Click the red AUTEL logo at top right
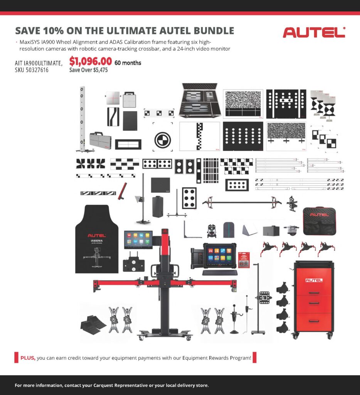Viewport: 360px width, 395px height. click(x=314, y=32)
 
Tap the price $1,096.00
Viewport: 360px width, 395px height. click(x=91, y=61)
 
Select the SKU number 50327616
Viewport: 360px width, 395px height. click(x=37, y=70)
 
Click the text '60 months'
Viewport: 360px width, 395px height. click(x=128, y=63)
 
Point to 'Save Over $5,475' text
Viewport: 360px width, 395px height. click(x=88, y=70)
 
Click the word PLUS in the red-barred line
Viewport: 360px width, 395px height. click(x=28, y=358)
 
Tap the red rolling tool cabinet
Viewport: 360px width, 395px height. click(x=314, y=299)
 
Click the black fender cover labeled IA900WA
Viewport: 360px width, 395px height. click(x=97, y=239)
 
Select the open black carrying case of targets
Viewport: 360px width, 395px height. click(x=200, y=100)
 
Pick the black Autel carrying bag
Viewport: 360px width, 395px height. click(x=319, y=221)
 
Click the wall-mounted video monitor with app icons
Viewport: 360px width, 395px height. click(x=138, y=240)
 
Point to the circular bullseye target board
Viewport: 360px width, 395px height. click(x=163, y=140)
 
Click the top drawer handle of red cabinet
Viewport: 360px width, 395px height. click(x=314, y=293)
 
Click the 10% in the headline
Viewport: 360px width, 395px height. click(x=53, y=31)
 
